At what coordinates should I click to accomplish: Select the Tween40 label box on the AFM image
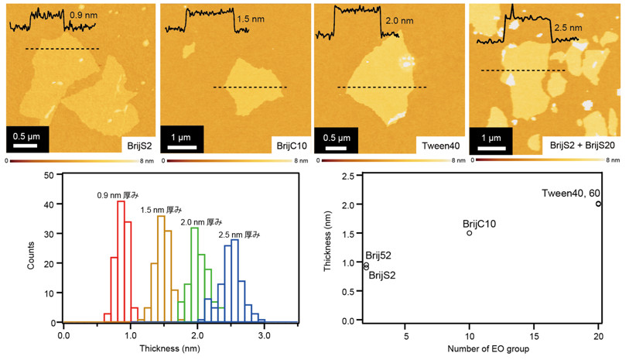coord(440,145)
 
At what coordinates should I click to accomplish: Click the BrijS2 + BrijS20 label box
coord(584,145)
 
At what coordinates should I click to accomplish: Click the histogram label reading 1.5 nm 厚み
coord(161,210)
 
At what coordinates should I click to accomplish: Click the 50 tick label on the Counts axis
coord(48,175)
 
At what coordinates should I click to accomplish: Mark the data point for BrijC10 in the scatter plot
coord(470,233)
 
